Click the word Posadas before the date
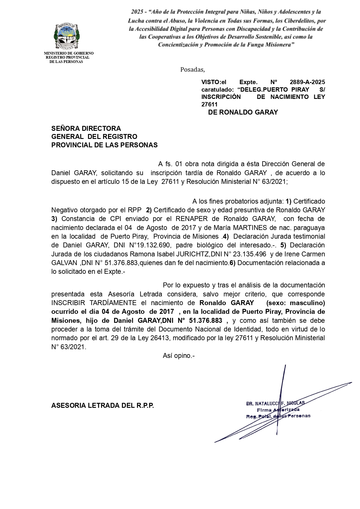pos(192,70)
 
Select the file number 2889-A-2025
pos(307,82)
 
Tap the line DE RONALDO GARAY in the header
pos(243,112)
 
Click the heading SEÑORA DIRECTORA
pos(86,128)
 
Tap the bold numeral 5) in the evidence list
pos(283,245)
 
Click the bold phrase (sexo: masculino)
pos(296,303)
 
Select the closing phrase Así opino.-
pos(179,356)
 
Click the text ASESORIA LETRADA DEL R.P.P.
pos(103,405)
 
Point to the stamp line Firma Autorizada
pos(278,410)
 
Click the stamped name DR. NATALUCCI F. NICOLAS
pos(275,403)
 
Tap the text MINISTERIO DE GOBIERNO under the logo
pos(69,53)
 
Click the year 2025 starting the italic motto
pos(137,12)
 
